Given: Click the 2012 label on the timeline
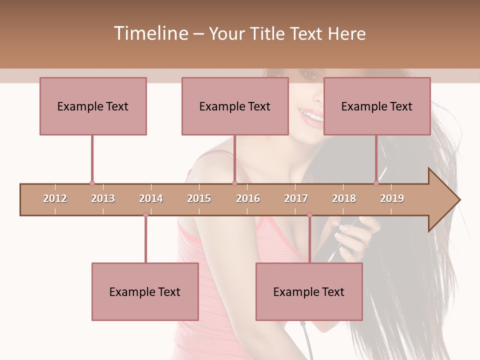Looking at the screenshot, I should pyautogui.click(x=55, y=198).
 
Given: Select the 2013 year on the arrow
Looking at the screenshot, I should pyautogui.click(x=103, y=198).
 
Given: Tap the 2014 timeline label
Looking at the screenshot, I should pyautogui.click(x=151, y=198).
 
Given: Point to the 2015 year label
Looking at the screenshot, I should pyautogui.click(x=199, y=198).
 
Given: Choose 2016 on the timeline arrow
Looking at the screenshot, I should pyautogui.click(x=248, y=198).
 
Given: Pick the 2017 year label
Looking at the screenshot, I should pyautogui.click(x=296, y=198).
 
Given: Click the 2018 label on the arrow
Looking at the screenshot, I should pyautogui.click(x=344, y=198).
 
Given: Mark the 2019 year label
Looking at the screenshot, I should pyautogui.click(x=392, y=198).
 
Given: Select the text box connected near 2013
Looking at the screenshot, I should pyautogui.click(x=93, y=106).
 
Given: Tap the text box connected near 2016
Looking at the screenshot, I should pyautogui.click(x=235, y=106).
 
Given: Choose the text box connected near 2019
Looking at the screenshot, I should pyautogui.click(x=377, y=106).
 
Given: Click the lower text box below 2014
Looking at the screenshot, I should pyautogui.click(x=145, y=291).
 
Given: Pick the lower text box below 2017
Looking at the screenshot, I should pyautogui.click(x=309, y=291).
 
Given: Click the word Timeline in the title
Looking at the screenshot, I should pyautogui.click(x=150, y=33).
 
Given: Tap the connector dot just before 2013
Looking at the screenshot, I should pyautogui.click(x=92, y=183).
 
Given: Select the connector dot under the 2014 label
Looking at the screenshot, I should pyautogui.click(x=145, y=214).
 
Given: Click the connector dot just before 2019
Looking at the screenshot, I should pyautogui.click(x=376, y=183).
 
